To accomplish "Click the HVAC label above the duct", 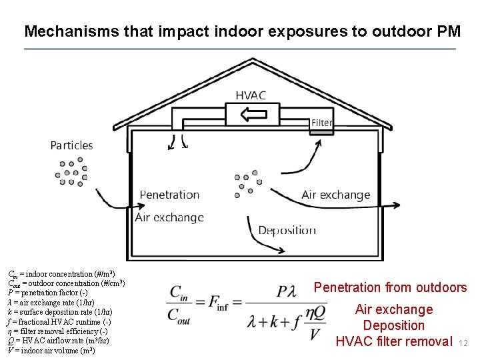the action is tap(251, 95).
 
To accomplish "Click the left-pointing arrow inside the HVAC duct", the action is tap(253, 114).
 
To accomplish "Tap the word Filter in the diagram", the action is tap(321, 123).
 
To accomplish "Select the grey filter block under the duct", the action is tap(321, 132).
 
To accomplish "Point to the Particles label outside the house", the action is tap(71, 145).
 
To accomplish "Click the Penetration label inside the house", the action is tap(170, 195).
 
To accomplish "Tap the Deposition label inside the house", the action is tap(287, 230).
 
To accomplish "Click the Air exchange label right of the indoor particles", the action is tap(335, 195).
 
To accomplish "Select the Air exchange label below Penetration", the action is tap(169, 217).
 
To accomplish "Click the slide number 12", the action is tap(465, 343).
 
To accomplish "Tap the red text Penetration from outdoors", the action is tap(390, 287).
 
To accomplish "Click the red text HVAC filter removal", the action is tap(393, 341).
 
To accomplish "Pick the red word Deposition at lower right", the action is tap(393, 325).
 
